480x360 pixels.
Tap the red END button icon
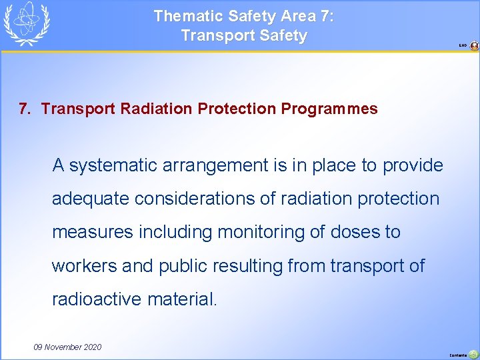coord(474,46)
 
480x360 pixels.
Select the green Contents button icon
coord(473,354)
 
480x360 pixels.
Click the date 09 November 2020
coord(67,347)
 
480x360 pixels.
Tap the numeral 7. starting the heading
coord(25,109)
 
